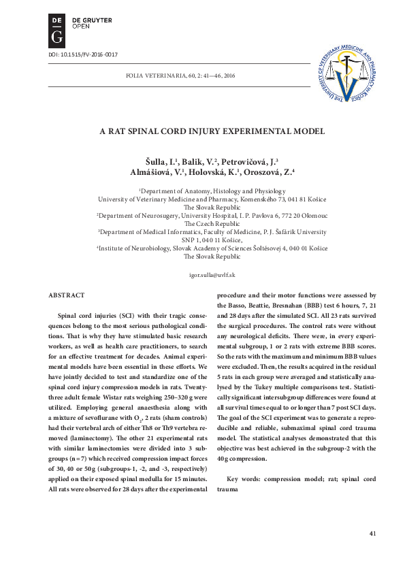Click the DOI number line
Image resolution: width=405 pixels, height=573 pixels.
click(x=78, y=54)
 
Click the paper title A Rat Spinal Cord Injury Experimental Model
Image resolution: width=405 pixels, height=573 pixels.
click(x=201, y=131)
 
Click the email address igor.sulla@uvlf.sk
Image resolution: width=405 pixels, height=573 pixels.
click(x=201, y=274)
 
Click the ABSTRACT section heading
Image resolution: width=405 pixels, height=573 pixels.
click(x=67, y=295)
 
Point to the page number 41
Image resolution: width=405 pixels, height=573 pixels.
click(x=372, y=533)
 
